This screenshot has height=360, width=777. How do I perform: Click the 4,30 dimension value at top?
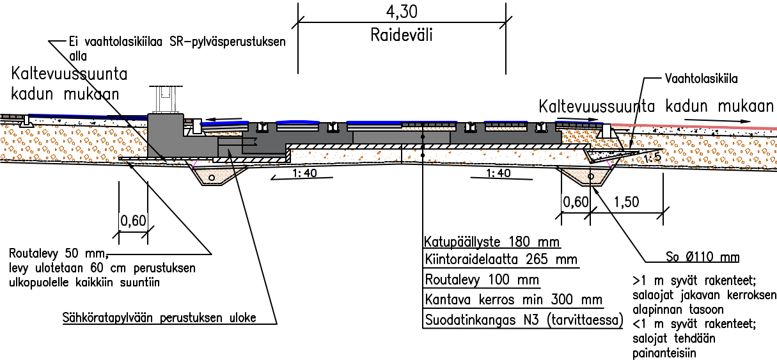pos(402,12)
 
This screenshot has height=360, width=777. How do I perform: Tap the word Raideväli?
pos(402,35)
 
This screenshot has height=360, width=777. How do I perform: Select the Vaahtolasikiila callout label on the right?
pos(701,79)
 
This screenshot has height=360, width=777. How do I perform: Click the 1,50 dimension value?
pos(626,202)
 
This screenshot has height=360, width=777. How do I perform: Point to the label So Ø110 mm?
pos(702,257)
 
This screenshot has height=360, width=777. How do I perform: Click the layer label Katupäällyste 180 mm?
pos(492,242)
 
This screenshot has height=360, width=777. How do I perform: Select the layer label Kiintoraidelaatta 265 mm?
pos(501,259)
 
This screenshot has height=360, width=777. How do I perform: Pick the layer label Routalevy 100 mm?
pos(482,279)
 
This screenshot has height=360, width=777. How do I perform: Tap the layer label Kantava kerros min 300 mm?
pos(514,299)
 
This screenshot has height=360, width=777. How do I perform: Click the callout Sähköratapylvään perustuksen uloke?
pos(159,317)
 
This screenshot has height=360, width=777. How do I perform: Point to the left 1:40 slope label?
pos(304,173)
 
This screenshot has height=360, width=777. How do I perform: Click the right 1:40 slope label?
pos(498,173)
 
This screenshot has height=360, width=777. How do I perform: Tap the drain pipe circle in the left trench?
pos(211,178)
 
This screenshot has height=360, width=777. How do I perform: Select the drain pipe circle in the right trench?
pos(590,176)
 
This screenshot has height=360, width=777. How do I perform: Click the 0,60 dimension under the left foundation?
pos(133,221)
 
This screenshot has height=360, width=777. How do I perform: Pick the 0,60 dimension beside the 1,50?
pos(576,202)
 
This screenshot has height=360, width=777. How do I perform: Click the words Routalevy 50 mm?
pos(58,253)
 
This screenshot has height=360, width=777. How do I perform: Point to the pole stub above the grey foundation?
pos(166,100)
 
